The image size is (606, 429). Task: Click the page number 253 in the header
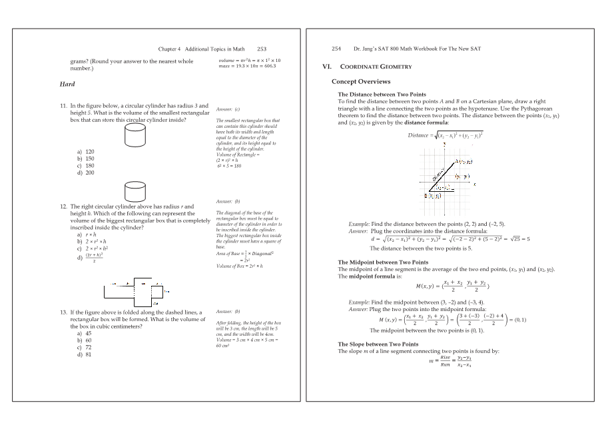click(x=262, y=49)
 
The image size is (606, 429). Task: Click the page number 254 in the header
click(x=336, y=49)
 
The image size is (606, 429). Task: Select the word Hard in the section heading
click(x=67, y=84)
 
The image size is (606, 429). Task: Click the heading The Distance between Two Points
click(x=382, y=95)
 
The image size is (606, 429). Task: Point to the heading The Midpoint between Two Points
click(x=383, y=262)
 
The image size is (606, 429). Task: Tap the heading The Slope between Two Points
click(x=378, y=344)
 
